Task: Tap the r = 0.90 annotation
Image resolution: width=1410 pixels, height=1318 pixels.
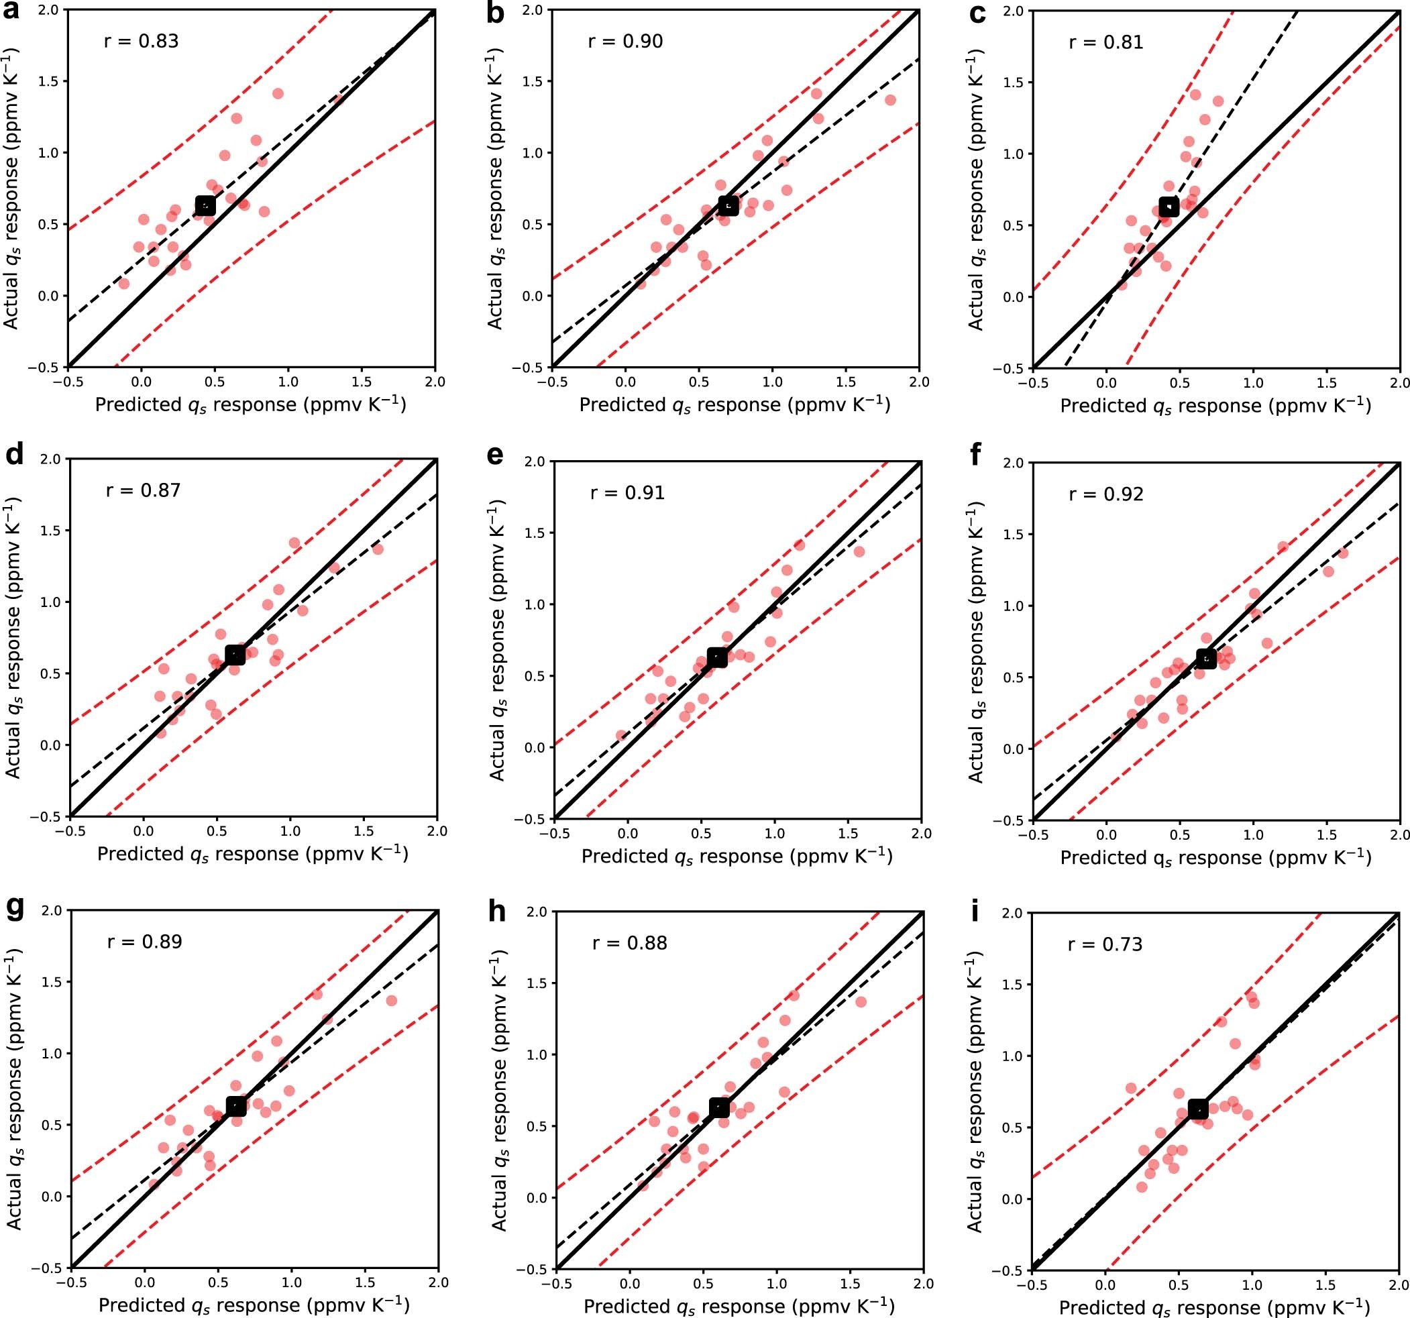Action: [x=625, y=41]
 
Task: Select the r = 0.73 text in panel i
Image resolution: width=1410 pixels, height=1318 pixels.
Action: [x=1105, y=944]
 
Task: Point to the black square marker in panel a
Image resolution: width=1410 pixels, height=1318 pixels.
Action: [x=205, y=206]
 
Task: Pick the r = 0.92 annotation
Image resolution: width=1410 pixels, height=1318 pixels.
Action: [x=1105, y=494]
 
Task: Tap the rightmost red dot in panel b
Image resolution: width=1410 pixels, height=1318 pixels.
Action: [x=890, y=100]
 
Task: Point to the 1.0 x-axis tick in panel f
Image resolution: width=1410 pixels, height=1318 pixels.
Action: [x=1253, y=834]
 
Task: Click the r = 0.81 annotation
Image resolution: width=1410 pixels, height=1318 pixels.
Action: [x=1105, y=42]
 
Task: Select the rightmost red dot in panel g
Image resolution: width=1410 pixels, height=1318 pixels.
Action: [x=392, y=1000]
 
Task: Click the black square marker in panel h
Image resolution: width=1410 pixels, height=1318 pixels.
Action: [x=719, y=1107]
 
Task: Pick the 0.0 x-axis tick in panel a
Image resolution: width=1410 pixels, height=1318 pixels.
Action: [x=141, y=382]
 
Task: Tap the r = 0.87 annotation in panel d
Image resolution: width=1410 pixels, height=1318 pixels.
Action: [x=144, y=490]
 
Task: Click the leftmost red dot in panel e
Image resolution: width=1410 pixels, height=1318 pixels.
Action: [x=621, y=735]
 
